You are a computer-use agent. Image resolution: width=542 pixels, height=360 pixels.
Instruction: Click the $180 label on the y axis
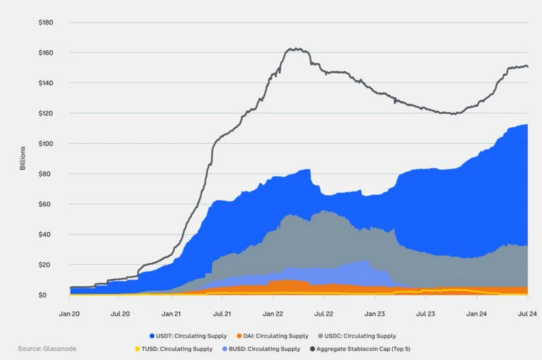click(x=46, y=22)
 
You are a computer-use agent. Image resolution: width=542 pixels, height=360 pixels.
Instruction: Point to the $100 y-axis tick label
click(x=46, y=144)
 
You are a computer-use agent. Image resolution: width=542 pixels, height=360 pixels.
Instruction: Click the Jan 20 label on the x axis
click(x=69, y=314)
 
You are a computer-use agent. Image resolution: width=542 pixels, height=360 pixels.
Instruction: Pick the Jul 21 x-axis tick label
click(x=222, y=314)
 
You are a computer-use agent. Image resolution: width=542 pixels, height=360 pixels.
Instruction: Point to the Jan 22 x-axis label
click(x=273, y=314)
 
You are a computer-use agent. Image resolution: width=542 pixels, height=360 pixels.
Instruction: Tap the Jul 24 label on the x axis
click(x=528, y=314)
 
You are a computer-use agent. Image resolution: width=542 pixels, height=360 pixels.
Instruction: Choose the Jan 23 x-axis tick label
click(x=375, y=314)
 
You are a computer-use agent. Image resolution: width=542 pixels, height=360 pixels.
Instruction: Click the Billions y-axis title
click(x=23, y=158)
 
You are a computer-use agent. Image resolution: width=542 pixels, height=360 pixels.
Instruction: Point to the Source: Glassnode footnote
click(x=47, y=349)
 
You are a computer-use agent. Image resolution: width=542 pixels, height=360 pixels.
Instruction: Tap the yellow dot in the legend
click(x=137, y=349)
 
